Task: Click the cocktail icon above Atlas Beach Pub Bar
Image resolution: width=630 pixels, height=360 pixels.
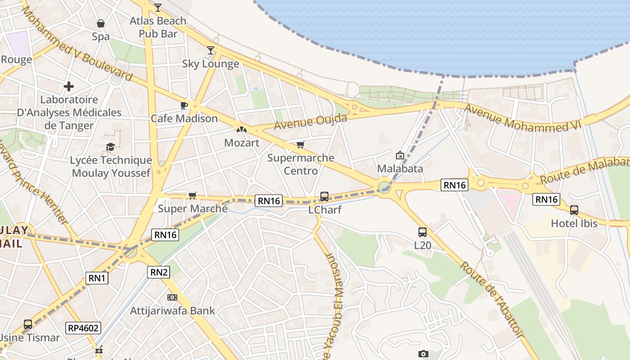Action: click(157, 7)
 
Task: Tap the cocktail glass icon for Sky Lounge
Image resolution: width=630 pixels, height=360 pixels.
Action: click(211, 50)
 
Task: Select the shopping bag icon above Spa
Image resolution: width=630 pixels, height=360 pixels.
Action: click(101, 23)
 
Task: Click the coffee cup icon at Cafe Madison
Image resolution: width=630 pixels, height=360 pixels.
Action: click(184, 105)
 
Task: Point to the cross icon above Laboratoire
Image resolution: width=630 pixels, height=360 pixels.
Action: click(69, 86)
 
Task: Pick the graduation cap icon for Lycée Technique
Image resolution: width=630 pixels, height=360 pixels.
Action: click(110, 147)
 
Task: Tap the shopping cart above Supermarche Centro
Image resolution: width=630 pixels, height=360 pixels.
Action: click(301, 144)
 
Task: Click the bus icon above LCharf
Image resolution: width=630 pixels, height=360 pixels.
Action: click(324, 196)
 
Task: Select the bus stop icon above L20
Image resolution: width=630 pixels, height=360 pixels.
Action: click(422, 232)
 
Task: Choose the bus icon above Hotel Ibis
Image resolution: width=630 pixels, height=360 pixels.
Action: click(574, 210)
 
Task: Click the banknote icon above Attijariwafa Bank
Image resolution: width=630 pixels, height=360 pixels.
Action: click(172, 297)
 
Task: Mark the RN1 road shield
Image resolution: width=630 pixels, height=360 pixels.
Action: click(97, 278)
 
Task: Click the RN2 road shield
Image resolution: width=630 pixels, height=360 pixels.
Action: click(158, 272)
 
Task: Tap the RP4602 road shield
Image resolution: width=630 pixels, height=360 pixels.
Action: click(83, 328)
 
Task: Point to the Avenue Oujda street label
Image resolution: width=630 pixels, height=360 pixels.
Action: click(310, 121)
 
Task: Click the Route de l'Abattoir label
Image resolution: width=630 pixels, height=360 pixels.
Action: click(491, 299)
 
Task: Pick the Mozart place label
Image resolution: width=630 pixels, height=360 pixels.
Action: click(242, 143)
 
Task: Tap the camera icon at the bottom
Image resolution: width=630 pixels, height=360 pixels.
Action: click(423, 354)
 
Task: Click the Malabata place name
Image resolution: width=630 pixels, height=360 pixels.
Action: click(400, 169)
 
